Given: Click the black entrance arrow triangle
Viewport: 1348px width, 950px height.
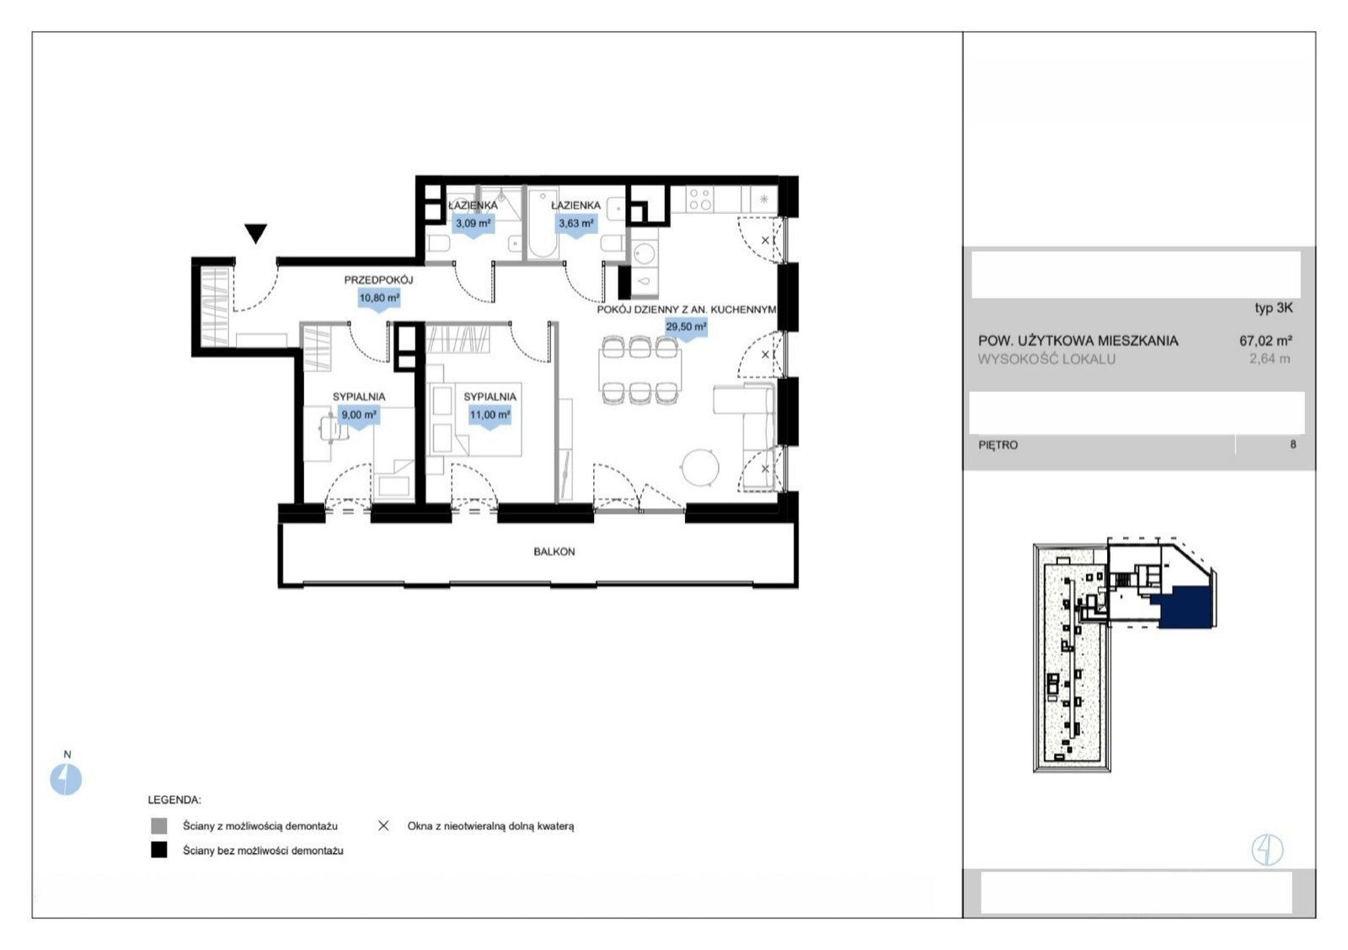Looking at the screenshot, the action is (256, 232).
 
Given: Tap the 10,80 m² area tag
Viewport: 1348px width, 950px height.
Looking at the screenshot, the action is (379, 300).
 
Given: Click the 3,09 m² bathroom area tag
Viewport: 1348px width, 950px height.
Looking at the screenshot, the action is (473, 226).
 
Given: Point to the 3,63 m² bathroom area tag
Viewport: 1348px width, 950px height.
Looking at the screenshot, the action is (576, 226).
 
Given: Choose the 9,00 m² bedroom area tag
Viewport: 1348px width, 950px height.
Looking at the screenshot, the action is (359, 417).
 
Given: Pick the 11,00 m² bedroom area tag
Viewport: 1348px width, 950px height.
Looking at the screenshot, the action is (489, 417).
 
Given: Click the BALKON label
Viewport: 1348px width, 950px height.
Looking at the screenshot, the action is (554, 552).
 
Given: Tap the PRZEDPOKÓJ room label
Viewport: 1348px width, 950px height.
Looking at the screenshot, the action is (378, 280).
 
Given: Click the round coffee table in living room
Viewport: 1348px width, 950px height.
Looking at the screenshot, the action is (700, 467).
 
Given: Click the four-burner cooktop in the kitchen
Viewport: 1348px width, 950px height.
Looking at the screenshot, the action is (700, 199).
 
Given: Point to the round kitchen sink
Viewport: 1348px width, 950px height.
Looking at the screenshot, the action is (644, 254).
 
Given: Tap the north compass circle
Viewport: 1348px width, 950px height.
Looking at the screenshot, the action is (66, 779).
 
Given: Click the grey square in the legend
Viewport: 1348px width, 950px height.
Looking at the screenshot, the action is (159, 825).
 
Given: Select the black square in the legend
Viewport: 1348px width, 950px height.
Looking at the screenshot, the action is (159, 850).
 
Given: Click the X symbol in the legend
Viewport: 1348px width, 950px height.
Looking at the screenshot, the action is (383, 825).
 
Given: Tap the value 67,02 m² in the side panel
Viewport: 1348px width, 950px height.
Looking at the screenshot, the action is (1265, 340).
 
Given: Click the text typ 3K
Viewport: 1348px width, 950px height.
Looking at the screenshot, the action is (1273, 307).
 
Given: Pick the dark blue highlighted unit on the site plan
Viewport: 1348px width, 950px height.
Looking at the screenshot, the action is (1184, 608).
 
